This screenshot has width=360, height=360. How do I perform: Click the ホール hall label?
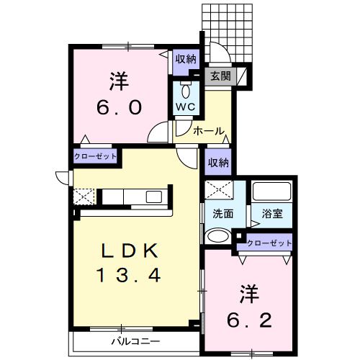[209, 132]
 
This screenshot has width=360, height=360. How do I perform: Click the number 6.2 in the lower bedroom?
[255, 318]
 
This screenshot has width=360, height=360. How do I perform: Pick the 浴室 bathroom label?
[272, 214]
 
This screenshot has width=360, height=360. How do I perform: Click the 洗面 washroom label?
[222, 214]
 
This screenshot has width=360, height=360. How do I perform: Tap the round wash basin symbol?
[217, 235]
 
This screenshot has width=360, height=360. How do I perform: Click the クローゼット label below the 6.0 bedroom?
[95, 156]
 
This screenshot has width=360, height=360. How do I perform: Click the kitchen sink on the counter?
[156, 196]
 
